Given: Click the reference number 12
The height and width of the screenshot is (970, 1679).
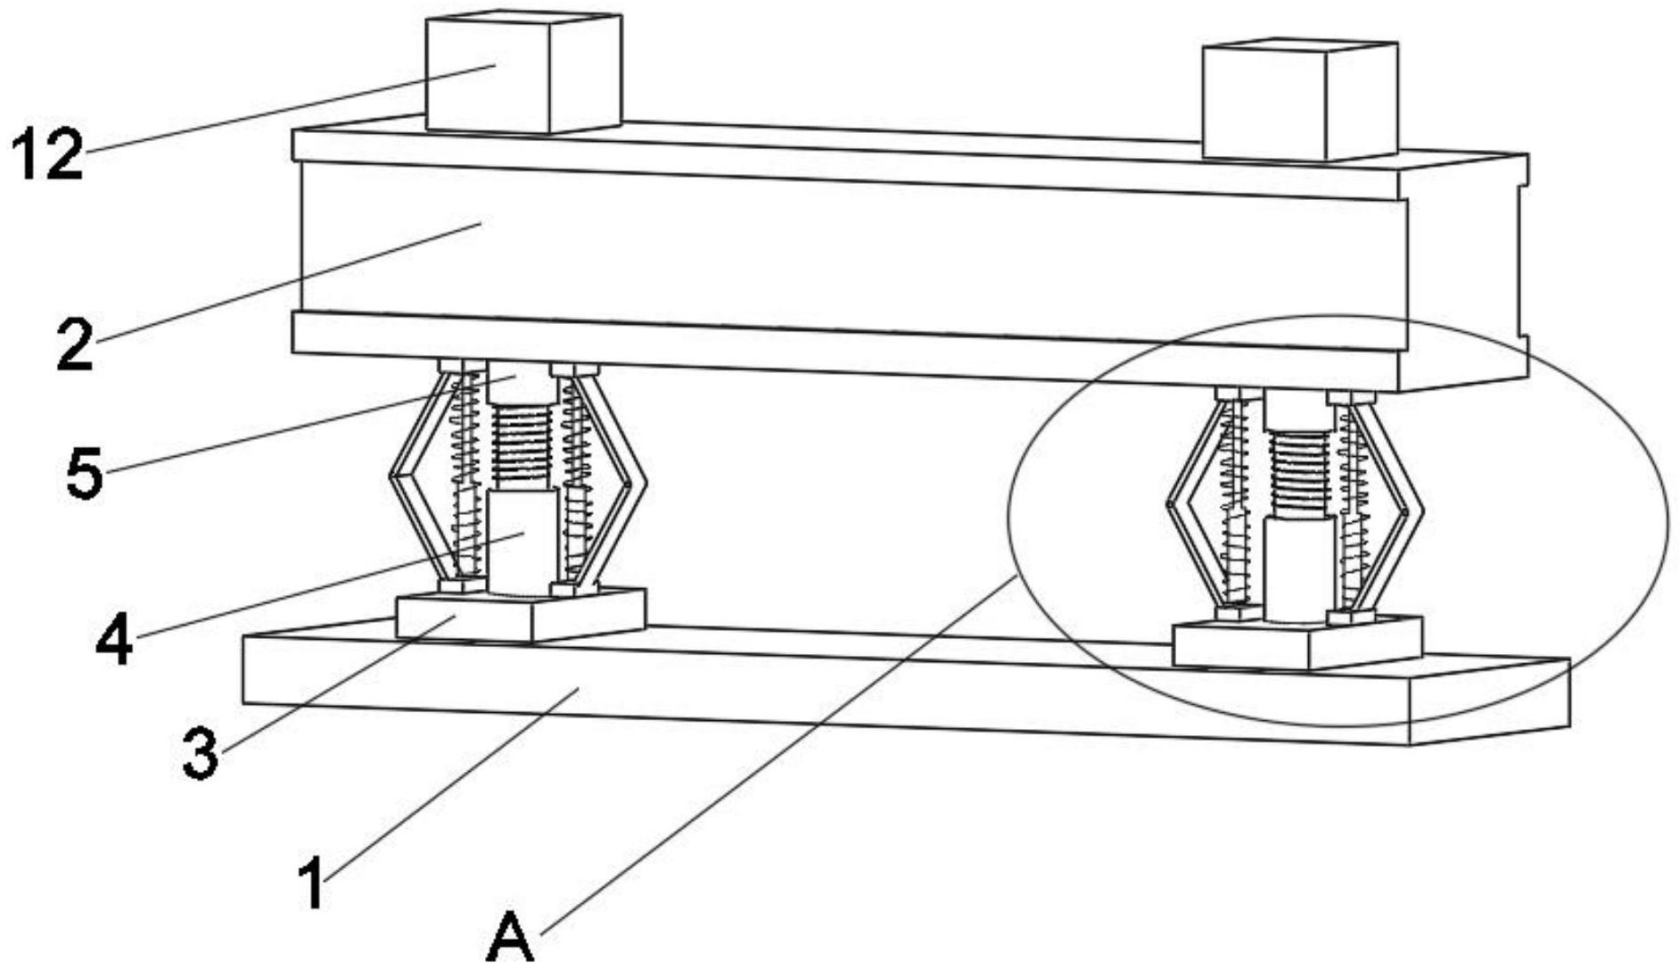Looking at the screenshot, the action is coord(48,155).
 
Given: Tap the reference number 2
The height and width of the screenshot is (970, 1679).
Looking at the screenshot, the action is coord(75,344).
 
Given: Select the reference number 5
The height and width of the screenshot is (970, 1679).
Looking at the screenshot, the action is coord(85,473).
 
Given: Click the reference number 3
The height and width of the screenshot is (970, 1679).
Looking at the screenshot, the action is coord(201,752).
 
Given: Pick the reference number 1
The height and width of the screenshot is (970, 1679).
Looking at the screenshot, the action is coord(311,883).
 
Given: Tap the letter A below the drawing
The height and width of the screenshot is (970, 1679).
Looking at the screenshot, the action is coord(511,936).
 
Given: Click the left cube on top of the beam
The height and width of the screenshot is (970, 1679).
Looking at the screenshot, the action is coord(523,73).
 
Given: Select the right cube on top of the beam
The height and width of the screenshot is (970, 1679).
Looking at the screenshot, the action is coord(1300,100).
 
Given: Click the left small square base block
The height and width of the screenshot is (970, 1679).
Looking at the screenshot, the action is coord(521,614).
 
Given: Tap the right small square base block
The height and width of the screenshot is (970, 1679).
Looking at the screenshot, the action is coord(1297,642).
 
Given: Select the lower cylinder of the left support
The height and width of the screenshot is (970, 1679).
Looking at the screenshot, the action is coord(522,541).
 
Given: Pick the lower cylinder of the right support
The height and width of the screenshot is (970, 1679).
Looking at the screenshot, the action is coord(1298,568).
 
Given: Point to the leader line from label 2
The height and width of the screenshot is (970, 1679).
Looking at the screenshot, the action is coord(286,283).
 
